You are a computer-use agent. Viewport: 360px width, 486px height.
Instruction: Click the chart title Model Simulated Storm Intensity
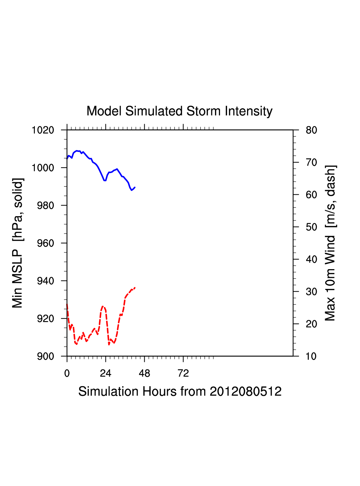click(x=179, y=111)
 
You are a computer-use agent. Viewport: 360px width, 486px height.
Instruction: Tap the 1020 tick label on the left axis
click(x=43, y=130)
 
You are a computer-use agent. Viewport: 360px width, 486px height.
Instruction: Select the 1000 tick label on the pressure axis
click(x=43, y=168)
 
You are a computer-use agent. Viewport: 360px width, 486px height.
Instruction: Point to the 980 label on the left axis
click(x=45, y=205)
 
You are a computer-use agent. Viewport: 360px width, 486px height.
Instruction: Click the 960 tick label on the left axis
click(x=45, y=243)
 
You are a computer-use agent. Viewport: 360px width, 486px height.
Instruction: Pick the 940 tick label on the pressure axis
click(x=45, y=281)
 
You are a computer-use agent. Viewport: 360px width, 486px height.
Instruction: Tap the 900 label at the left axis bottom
click(x=45, y=356)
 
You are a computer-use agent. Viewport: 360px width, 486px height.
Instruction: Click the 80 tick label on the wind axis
click(x=311, y=130)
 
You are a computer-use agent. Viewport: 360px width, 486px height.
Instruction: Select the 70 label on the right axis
click(x=311, y=163)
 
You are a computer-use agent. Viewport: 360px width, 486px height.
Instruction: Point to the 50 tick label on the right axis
click(x=311, y=227)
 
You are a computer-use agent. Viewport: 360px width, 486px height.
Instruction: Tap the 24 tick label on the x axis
click(x=105, y=373)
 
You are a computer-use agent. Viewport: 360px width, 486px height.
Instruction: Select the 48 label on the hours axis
click(x=144, y=373)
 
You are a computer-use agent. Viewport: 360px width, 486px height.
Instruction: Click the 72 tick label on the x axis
click(x=183, y=373)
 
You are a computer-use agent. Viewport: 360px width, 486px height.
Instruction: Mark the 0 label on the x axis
click(x=67, y=373)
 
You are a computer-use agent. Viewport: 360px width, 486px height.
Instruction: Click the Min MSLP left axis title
click(x=17, y=243)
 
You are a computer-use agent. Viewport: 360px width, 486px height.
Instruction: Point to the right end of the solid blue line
click(x=135, y=187)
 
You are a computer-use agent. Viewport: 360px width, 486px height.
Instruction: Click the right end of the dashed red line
click(x=135, y=288)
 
